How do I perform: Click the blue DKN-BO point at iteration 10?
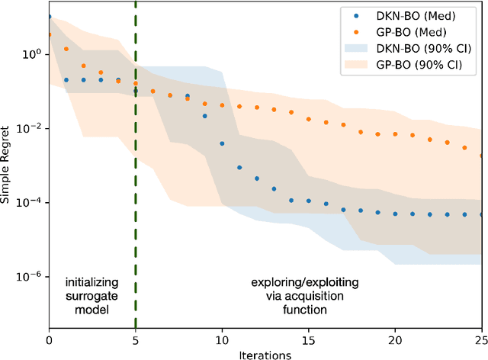[x=222, y=143]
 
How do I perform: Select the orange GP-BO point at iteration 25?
[x=481, y=156]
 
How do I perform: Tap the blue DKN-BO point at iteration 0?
[x=50, y=16]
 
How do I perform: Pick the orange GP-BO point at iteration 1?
[x=66, y=49]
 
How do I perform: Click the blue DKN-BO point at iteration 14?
[x=291, y=201]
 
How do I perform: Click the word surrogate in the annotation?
[x=91, y=297]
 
